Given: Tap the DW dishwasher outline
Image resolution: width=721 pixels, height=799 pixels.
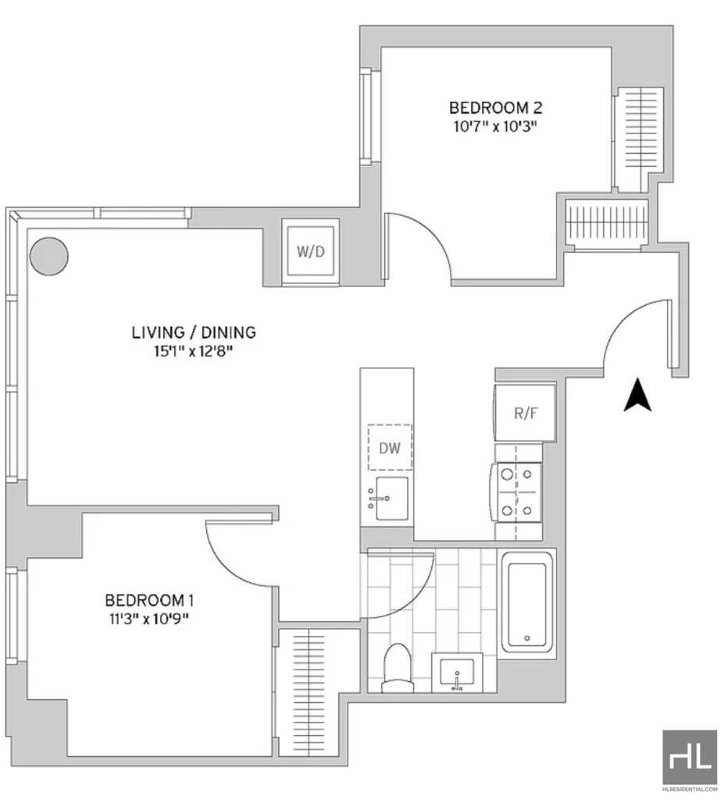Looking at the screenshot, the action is [391, 447].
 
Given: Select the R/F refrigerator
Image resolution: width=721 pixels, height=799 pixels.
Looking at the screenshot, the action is [525, 413].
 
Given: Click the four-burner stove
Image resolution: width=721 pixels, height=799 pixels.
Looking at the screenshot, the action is [516, 492].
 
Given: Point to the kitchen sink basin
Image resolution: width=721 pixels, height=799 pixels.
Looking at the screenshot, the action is [391, 498].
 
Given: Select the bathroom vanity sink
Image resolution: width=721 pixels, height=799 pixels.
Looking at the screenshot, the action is [457, 672].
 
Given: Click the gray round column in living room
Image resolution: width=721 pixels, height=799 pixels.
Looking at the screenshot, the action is [49, 256].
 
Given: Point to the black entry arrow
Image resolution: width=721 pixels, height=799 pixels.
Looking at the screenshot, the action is [637, 394].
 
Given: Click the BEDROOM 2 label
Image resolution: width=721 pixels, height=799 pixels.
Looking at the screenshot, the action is [495, 108].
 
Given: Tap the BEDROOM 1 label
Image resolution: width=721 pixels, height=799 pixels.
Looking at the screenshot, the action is [149, 600].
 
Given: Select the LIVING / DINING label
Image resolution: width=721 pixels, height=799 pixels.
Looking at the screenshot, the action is [194, 332].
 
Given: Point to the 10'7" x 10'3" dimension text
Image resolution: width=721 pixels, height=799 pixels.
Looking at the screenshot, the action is [495, 126].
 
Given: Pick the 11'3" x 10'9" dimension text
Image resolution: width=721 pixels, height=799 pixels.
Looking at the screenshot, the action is [149, 619].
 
